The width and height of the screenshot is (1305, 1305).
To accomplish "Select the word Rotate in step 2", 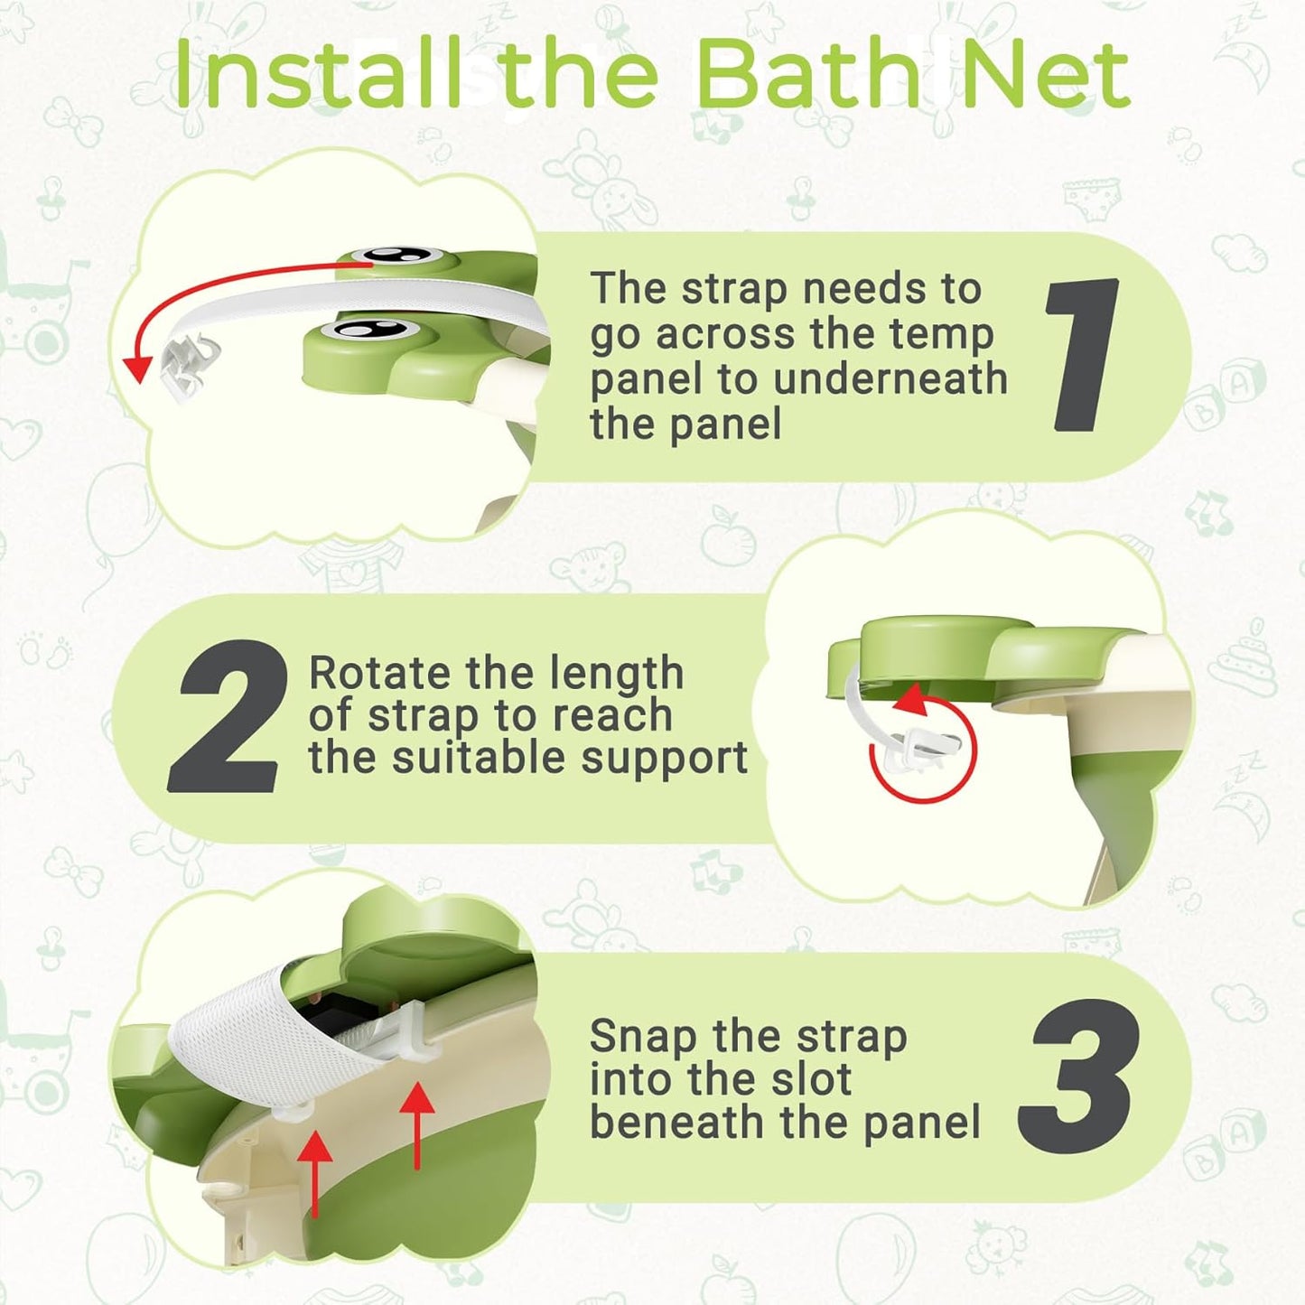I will coord(379,674).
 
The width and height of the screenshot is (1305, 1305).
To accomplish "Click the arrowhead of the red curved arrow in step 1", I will coord(137,368).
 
